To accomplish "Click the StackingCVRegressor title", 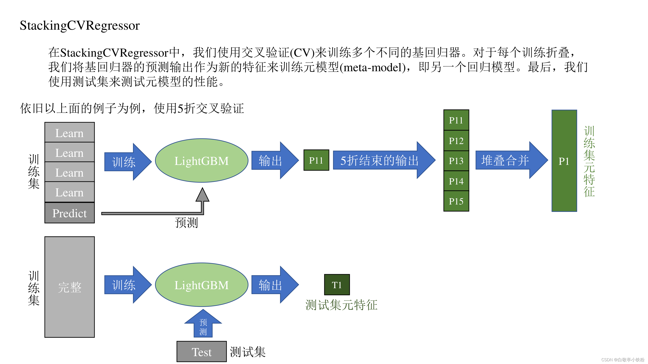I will point(79,26).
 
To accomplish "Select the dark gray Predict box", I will point(70,213).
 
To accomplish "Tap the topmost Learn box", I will point(70,133).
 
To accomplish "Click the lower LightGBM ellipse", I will point(202,285).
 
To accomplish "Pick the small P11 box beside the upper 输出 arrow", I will point(316,160).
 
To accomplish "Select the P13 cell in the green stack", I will point(456,161).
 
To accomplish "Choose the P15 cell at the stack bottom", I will point(456,201).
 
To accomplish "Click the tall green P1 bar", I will point(564,161).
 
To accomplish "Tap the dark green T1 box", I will point(337,285).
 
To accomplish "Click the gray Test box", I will point(202,352).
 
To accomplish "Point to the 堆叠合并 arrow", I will point(511,160).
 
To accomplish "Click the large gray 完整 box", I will point(70,287).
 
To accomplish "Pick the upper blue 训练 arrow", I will point(127,162).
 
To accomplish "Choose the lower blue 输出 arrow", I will point(274,285).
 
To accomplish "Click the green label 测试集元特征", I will point(341,305).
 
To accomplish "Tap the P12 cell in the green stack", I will point(456,141).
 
